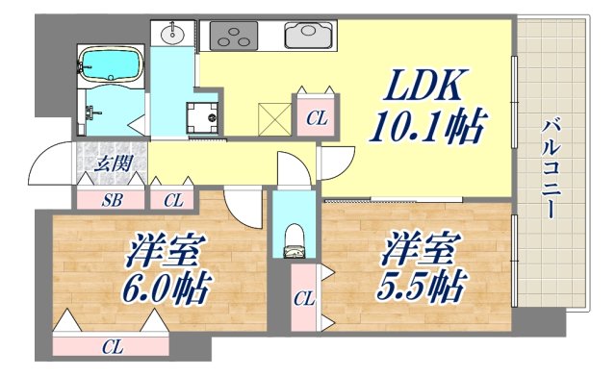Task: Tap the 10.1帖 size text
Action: pos(427,125)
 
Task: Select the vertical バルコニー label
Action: pos(552,167)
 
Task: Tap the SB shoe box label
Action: pos(112,201)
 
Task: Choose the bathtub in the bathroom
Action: pos(111,65)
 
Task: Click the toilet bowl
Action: pos(295,240)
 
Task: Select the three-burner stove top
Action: pos(236,38)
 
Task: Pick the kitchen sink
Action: pos(310,36)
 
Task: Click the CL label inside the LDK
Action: pos(315,119)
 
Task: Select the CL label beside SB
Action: pos(172,201)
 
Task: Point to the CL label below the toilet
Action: pos(303,299)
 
